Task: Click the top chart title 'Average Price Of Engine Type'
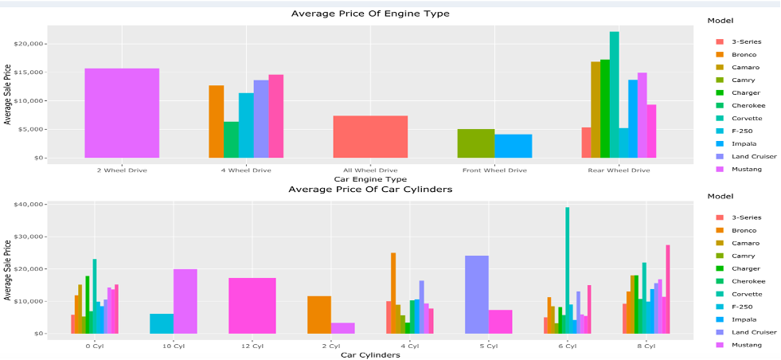369,14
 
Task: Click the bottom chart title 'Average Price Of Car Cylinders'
369,190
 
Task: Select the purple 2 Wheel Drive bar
122,112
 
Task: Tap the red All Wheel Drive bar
370,136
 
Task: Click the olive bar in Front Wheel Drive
475,143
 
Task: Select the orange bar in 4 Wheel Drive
217,121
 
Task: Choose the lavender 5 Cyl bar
476,294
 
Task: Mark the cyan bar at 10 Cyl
161,323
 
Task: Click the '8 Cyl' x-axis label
646,346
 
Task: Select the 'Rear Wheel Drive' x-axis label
619,170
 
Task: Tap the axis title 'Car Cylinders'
369,355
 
